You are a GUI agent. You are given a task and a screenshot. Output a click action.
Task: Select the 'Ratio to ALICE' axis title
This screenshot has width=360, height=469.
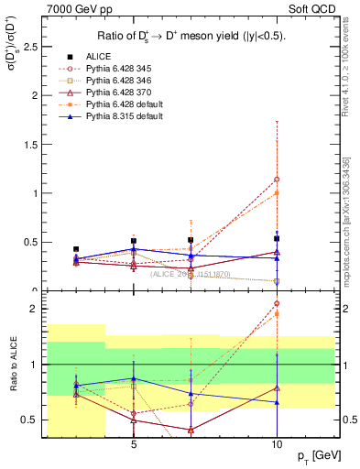coord(13,365)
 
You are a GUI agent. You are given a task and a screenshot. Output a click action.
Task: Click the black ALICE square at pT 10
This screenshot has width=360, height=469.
coord(277,238)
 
